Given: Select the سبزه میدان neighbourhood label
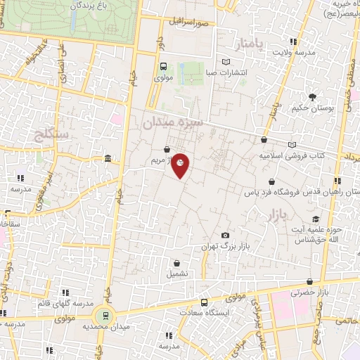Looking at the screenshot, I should coord(173,122).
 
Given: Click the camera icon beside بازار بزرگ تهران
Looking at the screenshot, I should coord(225,235).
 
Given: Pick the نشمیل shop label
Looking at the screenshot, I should coord(176,274).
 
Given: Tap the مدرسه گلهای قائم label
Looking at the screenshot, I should coord(63,303).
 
